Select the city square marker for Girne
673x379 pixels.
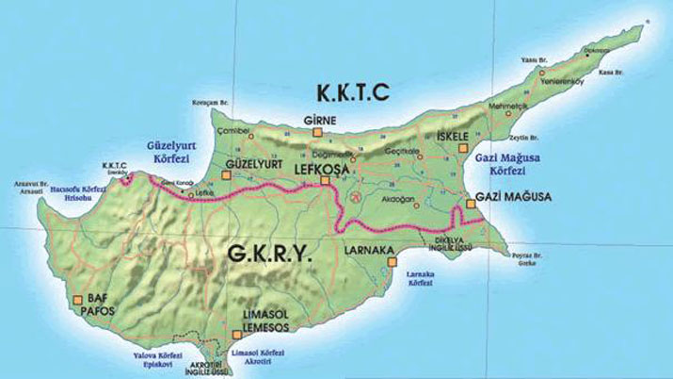pyautogui.click(x=316, y=134)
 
